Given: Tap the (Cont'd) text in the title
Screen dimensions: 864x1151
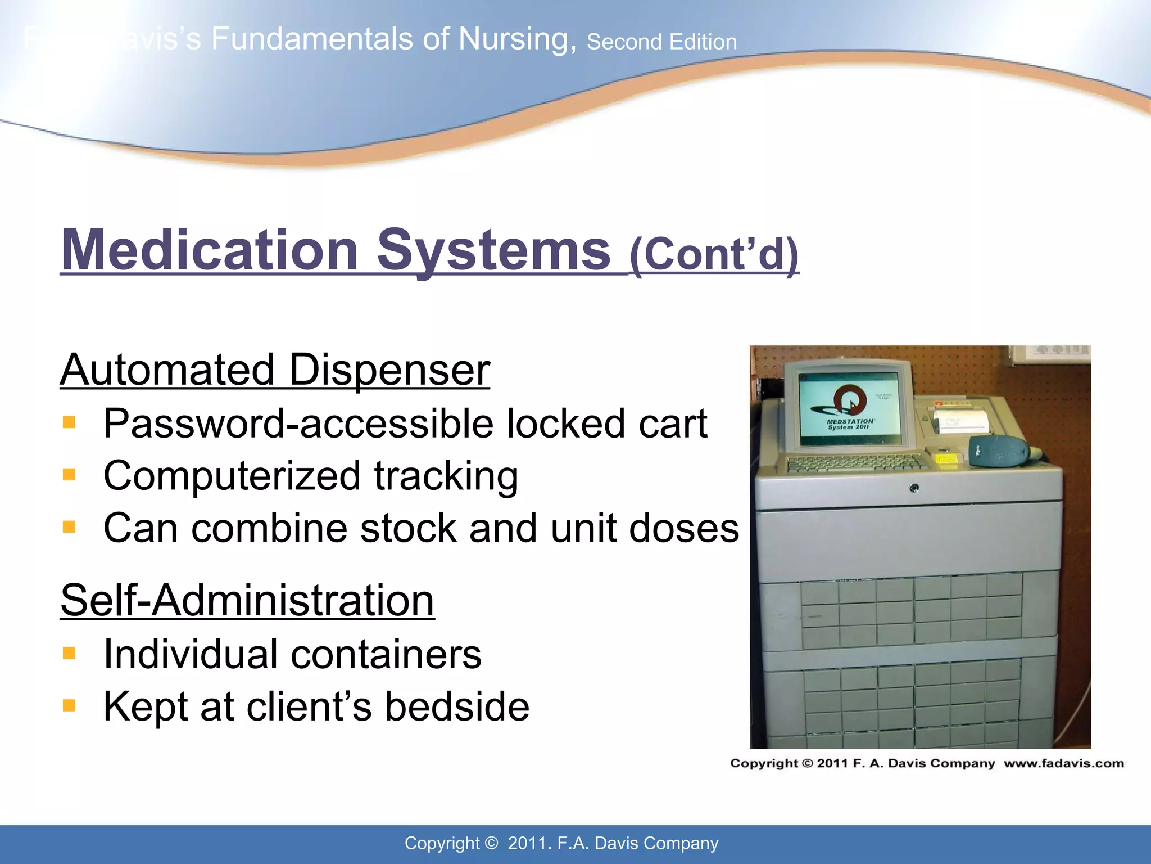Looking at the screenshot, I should click(x=714, y=254).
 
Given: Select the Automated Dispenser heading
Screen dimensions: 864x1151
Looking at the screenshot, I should click(x=275, y=370).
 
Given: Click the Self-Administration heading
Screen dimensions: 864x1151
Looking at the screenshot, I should click(x=247, y=600).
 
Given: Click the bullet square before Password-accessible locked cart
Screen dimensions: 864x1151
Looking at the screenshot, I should click(x=69, y=422).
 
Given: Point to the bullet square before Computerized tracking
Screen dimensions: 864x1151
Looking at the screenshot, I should click(x=69, y=475).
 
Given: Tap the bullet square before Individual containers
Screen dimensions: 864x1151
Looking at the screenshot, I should click(x=69, y=653).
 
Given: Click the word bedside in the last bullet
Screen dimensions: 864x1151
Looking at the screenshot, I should click(x=456, y=706).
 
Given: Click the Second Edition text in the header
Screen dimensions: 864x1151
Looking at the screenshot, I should click(x=661, y=42).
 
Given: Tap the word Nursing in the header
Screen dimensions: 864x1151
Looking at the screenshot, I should click(x=516, y=39).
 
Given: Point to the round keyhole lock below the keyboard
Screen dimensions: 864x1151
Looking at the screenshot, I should click(x=914, y=488).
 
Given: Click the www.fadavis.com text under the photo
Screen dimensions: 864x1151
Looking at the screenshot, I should click(x=1063, y=763).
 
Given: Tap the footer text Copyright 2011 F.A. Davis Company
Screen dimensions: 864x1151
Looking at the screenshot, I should click(x=561, y=843).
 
